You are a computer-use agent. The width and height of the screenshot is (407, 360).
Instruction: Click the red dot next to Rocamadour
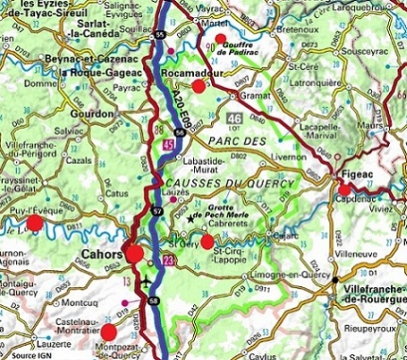pyautogui.click(x=199, y=86)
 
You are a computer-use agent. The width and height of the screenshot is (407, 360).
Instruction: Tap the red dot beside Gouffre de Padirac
pyautogui.click(x=221, y=40)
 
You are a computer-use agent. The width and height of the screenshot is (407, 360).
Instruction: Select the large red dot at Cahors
pyautogui.click(x=135, y=254)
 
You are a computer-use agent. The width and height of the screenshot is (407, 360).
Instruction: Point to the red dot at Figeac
pyautogui.click(x=345, y=189)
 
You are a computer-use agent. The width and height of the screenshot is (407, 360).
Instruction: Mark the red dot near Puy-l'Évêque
pyautogui.click(x=35, y=223)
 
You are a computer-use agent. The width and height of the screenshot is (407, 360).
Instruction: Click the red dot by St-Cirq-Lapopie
pyautogui.click(x=207, y=242)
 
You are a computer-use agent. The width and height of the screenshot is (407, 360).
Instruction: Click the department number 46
pyautogui.click(x=236, y=117)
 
